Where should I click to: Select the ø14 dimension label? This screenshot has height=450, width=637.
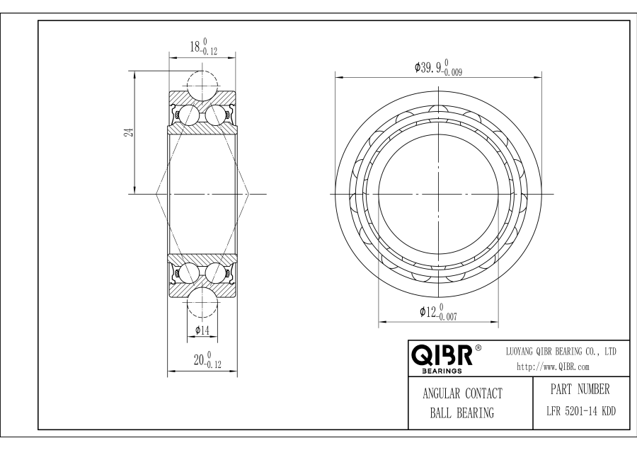202,330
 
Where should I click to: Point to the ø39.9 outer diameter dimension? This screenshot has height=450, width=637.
439,69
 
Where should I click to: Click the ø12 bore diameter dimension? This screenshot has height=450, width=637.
438,312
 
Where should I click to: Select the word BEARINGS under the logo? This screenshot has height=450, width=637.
442,370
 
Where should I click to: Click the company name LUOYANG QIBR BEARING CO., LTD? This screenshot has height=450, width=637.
561,351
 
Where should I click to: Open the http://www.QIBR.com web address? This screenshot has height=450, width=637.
553,367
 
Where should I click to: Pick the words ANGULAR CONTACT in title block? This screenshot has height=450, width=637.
462,393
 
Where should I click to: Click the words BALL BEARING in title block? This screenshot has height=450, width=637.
462,413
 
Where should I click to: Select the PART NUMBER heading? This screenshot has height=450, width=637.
579,389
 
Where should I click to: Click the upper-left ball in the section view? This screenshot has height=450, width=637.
189,115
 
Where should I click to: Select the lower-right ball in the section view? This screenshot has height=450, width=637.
215,272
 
